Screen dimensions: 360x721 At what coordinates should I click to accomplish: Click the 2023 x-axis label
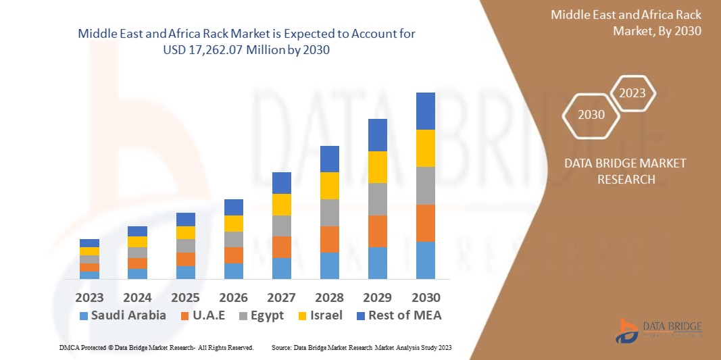coord(89,297)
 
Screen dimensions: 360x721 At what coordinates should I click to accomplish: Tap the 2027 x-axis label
coord(282,297)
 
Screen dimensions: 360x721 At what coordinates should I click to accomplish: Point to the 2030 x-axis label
coord(426,297)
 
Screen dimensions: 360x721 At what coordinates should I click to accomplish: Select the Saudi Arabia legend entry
coord(122,315)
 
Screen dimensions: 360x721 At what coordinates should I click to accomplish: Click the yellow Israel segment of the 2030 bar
coord(426,148)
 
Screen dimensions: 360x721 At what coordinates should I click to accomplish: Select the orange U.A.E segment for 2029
coord(378,231)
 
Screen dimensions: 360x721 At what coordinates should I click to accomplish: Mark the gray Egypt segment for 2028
coord(330,212)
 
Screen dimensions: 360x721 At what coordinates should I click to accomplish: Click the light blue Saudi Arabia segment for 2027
coord(282,268)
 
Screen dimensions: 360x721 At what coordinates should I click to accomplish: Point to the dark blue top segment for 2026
coord(234,207)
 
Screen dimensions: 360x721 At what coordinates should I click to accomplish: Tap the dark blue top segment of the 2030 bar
coord(426,111)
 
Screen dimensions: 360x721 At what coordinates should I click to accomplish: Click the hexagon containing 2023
coord(632,93)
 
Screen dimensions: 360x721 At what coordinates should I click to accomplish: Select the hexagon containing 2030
coord(591,115)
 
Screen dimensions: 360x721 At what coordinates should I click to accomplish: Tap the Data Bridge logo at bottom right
coord(658,330)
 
